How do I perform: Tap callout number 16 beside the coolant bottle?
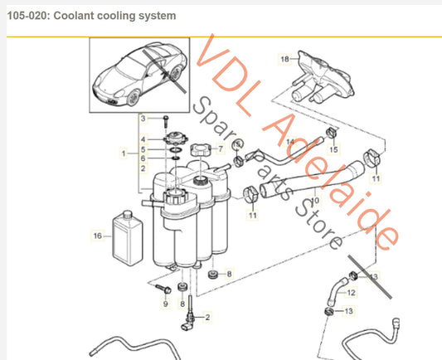click(97, 236)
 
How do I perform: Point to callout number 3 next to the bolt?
click(143, 119)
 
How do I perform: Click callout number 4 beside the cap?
click(143, 139)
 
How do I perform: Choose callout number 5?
click(143, 148)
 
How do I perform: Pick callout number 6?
click(143, 158)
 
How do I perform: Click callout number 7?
click(221, 149)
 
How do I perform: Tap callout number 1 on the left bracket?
click(124, 153)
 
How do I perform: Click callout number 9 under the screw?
click(165, 304)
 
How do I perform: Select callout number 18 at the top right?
click(284, 59)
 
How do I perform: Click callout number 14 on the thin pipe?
click(291, 141)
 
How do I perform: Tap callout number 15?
click(335, 149)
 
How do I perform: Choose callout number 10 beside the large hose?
click(316, 201)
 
